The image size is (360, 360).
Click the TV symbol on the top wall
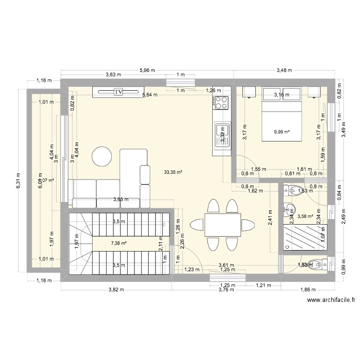coord(118,92)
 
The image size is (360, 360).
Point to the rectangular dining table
coord(222,225)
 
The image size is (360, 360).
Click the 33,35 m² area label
coord(173,171)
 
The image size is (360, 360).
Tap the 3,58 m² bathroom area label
coord(305,216)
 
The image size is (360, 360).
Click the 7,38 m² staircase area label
coord(119,243)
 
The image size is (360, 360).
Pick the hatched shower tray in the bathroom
coord(304,237)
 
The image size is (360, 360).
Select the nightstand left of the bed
coord(250,92)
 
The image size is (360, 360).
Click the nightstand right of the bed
coord(313,92)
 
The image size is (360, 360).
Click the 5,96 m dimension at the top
coord(147,70)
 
